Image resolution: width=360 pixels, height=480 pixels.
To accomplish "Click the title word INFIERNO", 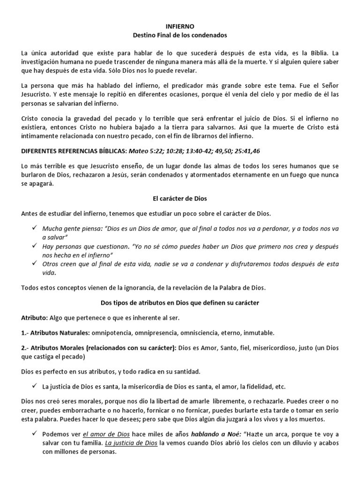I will pos(180,27).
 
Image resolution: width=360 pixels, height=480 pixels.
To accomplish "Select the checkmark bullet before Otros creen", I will pos(33,263).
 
